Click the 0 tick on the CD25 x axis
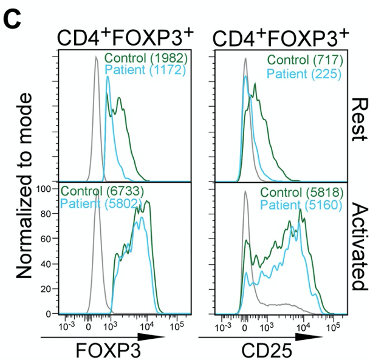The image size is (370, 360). pyautogui.click(x=244, y=327)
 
